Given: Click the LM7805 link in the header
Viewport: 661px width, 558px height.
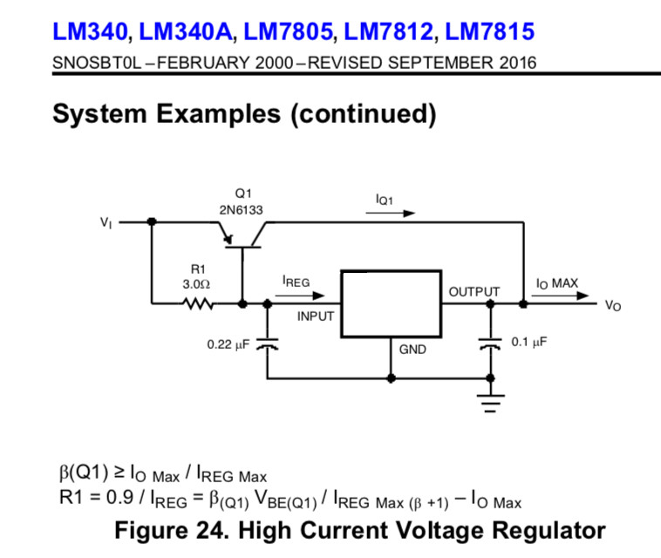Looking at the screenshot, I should (x=288, y=33).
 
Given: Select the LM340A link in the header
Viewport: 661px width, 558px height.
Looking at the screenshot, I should (x=187, y=33).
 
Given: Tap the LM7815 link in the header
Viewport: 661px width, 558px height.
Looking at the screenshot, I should (x=489, y=33).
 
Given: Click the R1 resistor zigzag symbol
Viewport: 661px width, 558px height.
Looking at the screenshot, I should (x=198, y=304).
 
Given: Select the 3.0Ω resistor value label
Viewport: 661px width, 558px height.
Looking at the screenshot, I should (x=198, y=284).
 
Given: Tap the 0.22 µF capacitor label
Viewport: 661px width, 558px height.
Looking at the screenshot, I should (x=228, y=344).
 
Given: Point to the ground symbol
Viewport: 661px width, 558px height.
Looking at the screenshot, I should (x=491, y=403).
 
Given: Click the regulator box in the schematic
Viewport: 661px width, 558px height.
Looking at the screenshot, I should (x=391, y=303).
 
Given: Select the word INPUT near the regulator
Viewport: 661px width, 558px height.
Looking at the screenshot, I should (x=316, y=316).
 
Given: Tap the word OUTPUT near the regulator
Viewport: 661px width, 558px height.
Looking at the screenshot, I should (x=474, y=291).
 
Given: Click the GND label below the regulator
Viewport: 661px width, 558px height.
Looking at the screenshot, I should (x=412, y=350).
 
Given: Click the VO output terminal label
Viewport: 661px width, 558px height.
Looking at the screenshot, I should (x=613, y=306).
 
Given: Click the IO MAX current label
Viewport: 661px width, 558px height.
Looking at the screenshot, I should (x=556, y=283).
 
